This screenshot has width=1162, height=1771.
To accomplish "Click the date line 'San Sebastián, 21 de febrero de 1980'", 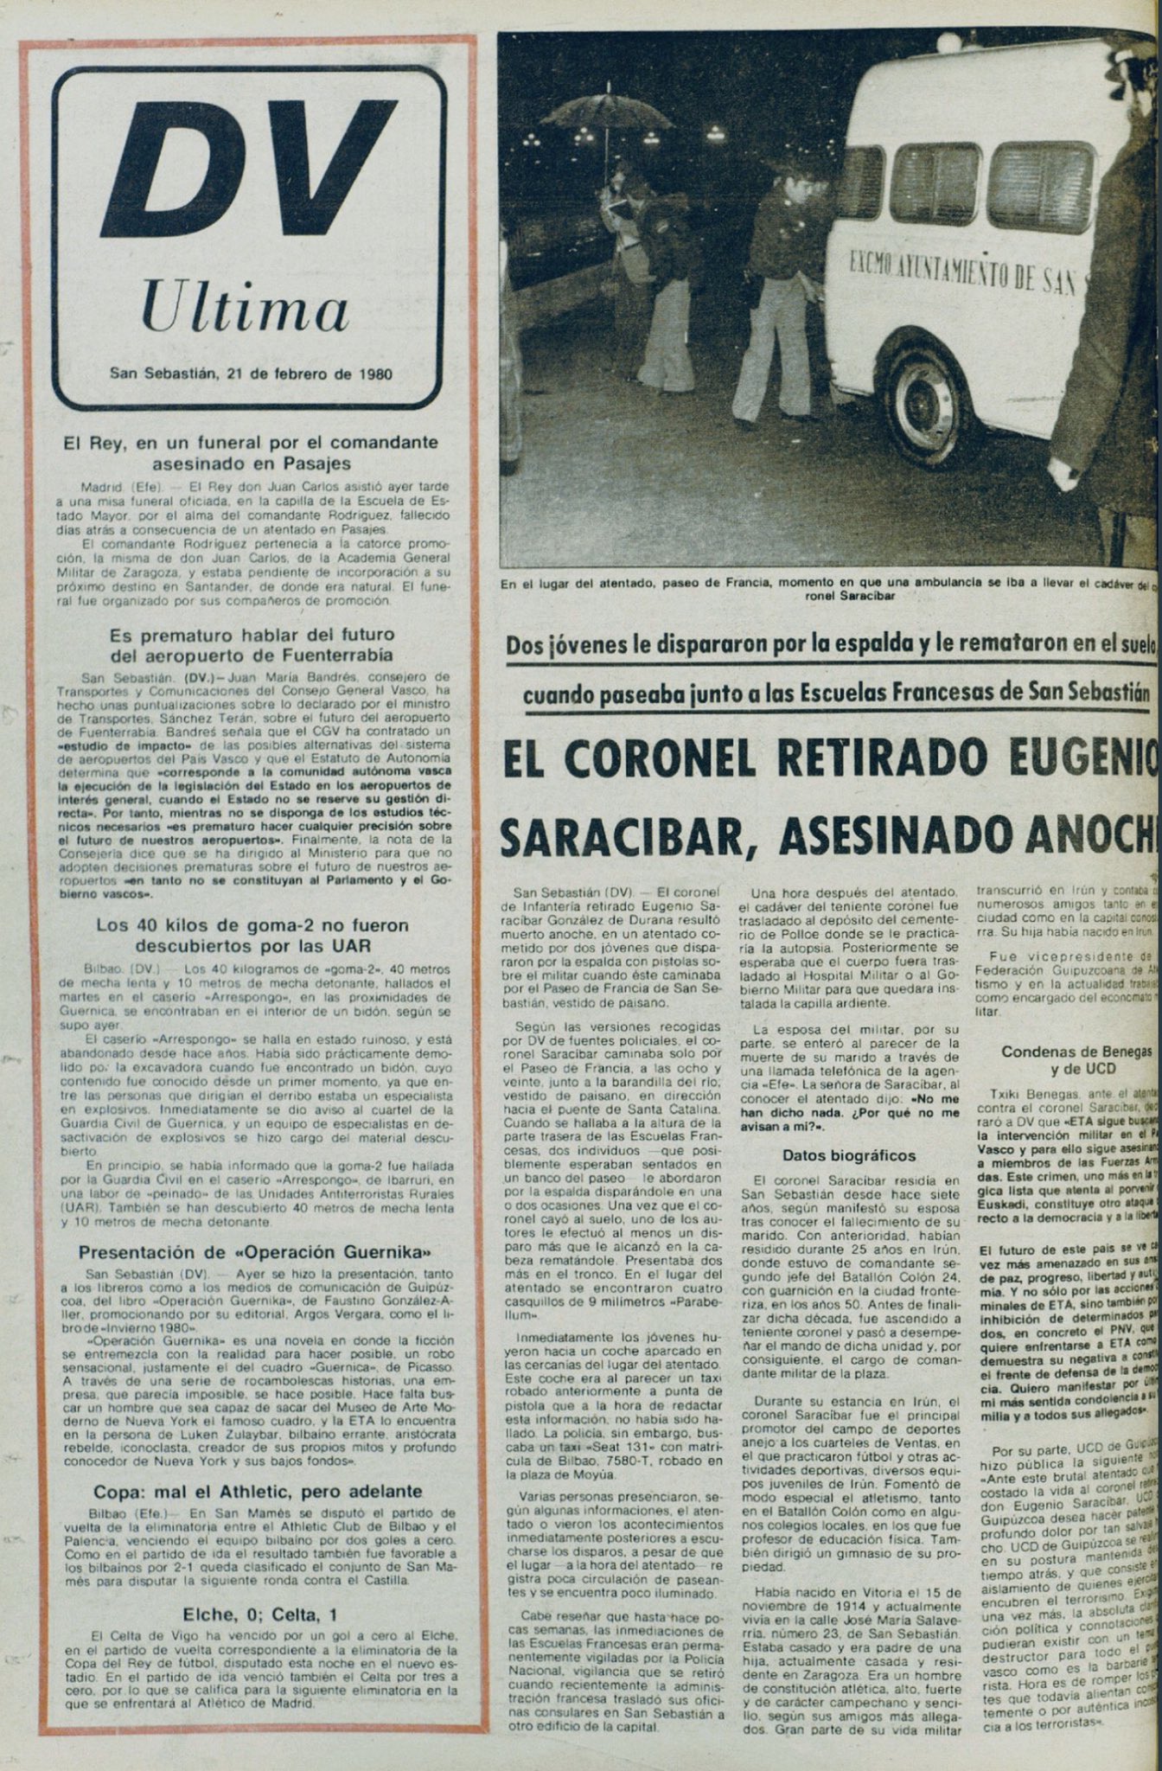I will [251, 374].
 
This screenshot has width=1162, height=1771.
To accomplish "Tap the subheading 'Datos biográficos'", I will [837, 1154].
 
